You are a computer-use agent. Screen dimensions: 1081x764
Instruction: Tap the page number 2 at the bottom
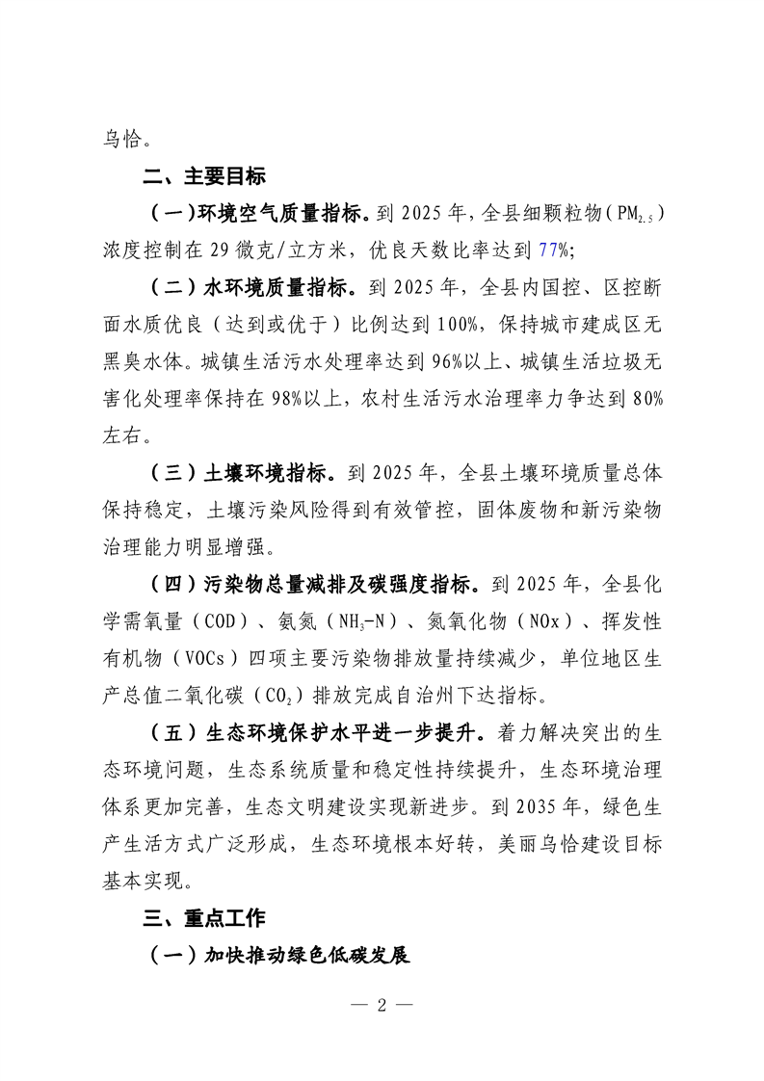click(382, 1005)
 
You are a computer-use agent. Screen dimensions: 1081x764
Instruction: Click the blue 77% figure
click(553, 250)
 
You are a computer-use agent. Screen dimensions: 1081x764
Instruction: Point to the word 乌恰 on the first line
click(119, 139)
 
